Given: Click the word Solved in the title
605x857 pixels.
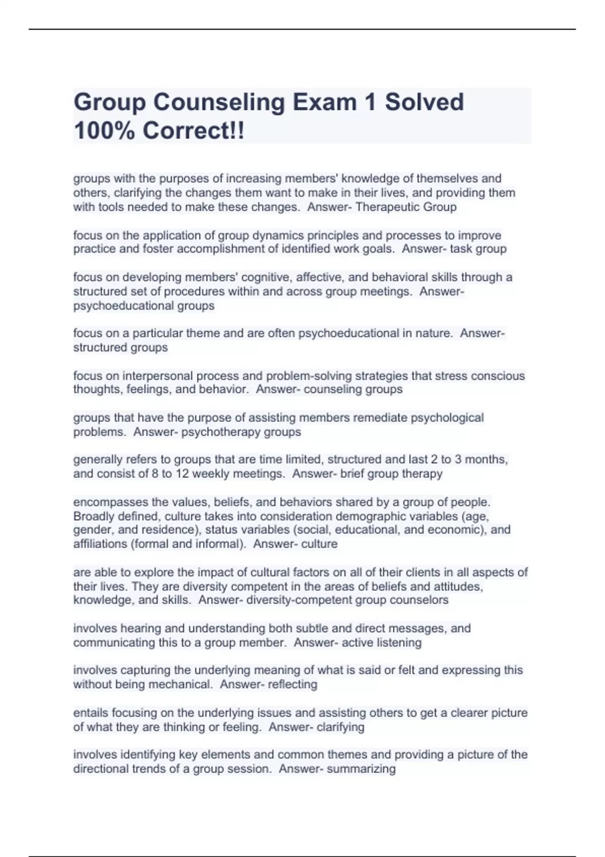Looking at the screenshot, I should pyautogui.click(x=425, y=102).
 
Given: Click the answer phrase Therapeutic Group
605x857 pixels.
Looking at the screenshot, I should pyautogui.click(x=406, y=207).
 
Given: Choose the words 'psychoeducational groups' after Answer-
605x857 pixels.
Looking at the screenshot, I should pyautogui.click(x=144, y=305).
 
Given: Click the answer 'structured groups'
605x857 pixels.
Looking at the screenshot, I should pyautogui.click(x=120, y=347).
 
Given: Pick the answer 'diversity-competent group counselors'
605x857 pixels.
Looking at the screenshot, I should pyautogui.click(x=347, y=600).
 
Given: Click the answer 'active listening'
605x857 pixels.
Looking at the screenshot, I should pyautogui.click(x=381, y=642).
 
